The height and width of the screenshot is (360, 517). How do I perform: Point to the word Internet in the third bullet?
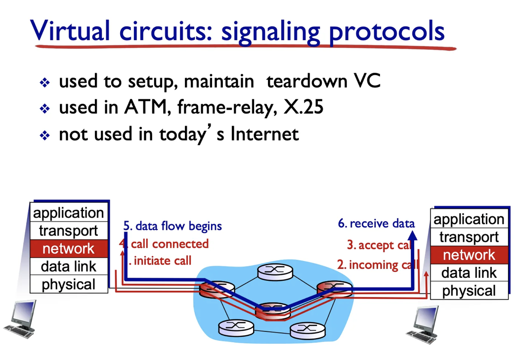point(264,134)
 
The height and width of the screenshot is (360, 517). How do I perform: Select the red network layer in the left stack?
point(68,249)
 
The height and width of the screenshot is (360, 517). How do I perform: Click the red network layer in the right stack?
point(469,255)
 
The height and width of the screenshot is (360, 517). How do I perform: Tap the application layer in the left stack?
point(68,213)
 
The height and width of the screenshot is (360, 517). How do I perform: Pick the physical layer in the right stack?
point(469,291)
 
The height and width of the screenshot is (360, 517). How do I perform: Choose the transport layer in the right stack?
point(469,237)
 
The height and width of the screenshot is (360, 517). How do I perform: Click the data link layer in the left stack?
point(68,267)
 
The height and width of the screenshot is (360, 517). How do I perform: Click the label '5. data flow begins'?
point(172,226)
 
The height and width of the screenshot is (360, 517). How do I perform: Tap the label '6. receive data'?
point(376,223)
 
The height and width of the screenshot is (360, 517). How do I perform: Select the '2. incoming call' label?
point(377,265)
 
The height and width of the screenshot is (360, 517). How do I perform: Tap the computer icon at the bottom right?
point(425,324)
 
